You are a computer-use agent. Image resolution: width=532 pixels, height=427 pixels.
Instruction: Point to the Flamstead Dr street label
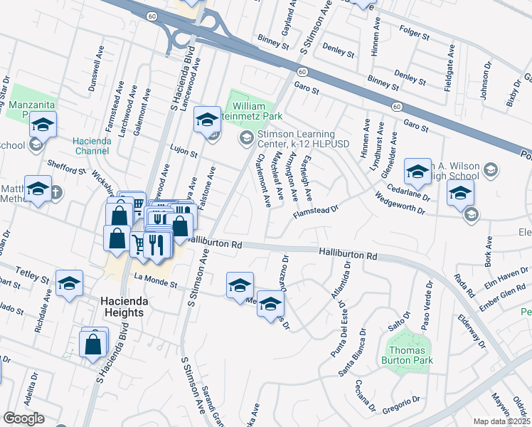(314, 211)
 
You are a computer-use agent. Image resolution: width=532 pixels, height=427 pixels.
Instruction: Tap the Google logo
(24, 418)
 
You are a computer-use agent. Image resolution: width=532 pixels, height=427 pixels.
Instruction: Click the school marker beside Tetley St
(69, 283)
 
